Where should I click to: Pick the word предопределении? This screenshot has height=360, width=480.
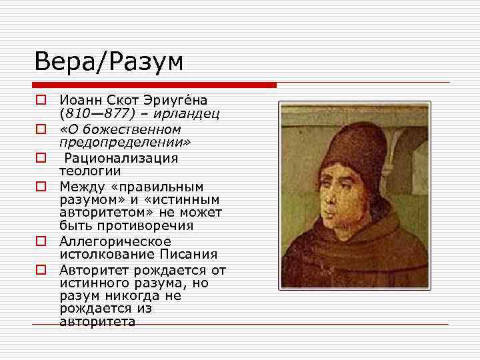coord(125,142)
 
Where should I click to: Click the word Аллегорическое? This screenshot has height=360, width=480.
coord(115,241)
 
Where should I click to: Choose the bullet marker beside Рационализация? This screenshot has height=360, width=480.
coord(41,159)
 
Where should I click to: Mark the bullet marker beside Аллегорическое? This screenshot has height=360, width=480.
coord(41,241)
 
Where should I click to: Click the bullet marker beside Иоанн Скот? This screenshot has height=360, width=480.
coord(41,101)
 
